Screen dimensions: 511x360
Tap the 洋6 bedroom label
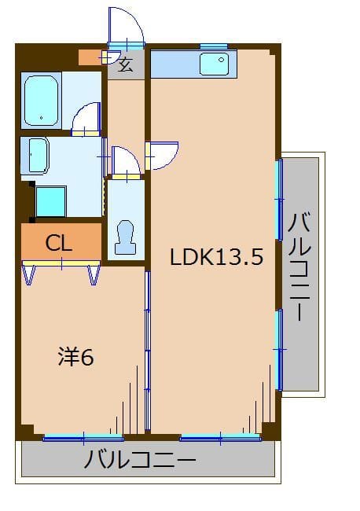pyautogui.click(x=75, y=357)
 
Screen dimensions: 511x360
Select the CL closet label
pyautogui.click(x=59, y=243)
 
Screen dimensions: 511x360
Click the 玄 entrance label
pyautogui.click(x=126, y=64)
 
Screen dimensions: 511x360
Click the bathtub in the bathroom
pyautogui.click(x=42, y=100)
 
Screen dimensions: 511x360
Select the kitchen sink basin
pyautogui.click(x=213, y=63)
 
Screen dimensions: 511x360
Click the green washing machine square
pyautogui.click(x=51, y=200)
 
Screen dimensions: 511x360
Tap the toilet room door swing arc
pyautogui.click(x=125, y=160)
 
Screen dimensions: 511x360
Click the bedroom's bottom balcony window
pyautogui.click(x=83, y=437)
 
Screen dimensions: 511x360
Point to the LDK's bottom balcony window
pyautogui.click(x=220, y=437)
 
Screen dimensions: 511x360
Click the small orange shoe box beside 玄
pyautogui.click(x=90, y=57)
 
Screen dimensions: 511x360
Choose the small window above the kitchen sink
pyautogui.click(x=213, y=46)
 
